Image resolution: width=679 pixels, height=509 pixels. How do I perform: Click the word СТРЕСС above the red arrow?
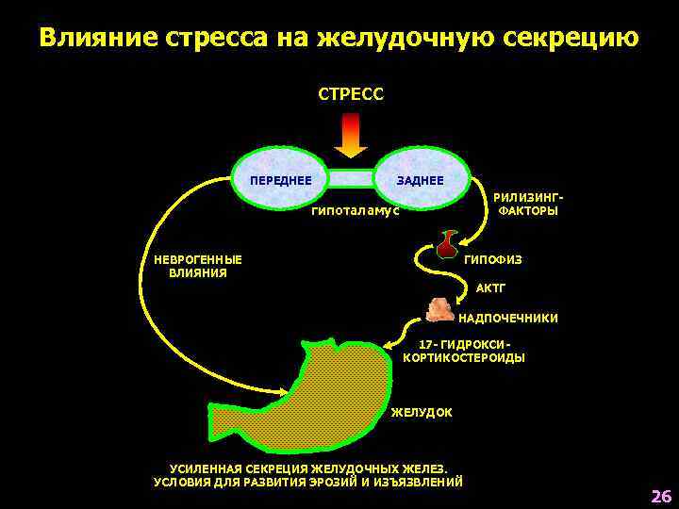350,94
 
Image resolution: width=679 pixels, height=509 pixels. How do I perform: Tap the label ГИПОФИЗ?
492,259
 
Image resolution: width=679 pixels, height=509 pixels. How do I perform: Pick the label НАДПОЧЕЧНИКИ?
507,319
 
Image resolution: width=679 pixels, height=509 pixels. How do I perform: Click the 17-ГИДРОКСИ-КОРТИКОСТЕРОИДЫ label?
464,352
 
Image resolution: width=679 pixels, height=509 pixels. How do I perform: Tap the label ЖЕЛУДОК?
422,413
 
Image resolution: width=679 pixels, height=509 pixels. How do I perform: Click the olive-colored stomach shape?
311,396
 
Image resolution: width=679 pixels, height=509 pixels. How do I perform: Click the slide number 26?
660,497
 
